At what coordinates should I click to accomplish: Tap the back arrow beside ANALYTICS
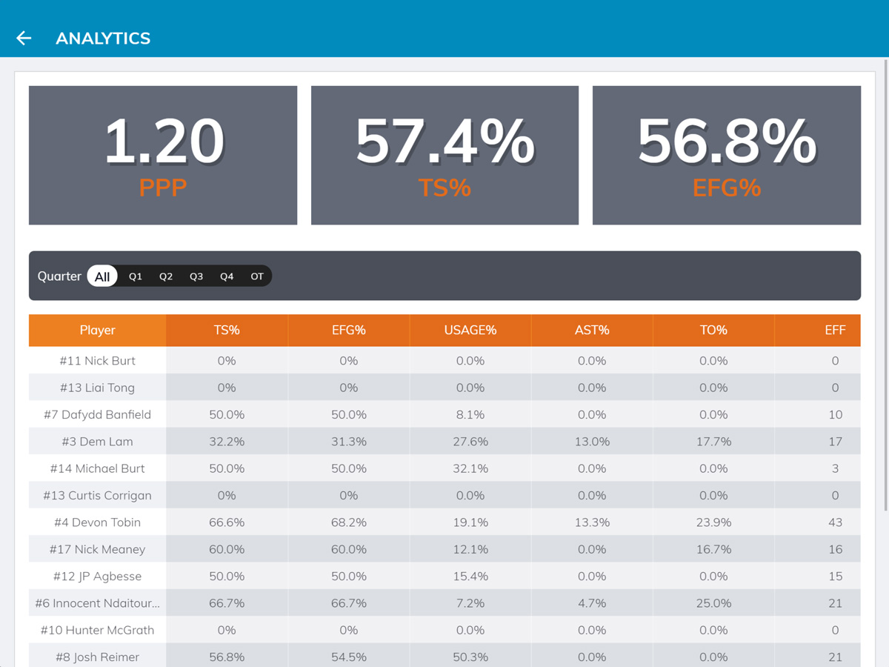click(x=24, y=39)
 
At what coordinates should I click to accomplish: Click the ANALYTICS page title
click(x=103, y=39)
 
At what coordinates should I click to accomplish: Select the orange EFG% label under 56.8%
click(x=726, y=188)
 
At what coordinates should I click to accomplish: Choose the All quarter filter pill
click(x=102, y=276)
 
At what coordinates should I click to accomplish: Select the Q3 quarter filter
click(x=196, y=276)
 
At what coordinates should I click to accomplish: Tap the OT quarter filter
click(x=256, y=276)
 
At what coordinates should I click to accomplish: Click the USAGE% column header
click(x=470, y=331)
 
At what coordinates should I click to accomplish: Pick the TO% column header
click(x=713, y=331)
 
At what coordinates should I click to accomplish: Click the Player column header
click(x=97, y=331)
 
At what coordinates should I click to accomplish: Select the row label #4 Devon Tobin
click(x=97, y=522)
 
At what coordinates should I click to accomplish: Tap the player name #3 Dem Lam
click(x=97, y=442)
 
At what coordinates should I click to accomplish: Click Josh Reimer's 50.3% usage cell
click(x=470, y=657)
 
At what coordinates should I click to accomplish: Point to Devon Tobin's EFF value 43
click(x=835, y=522)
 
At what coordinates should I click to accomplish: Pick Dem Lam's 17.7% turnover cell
click(x=713, y=442)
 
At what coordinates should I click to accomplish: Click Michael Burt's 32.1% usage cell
click(x=470, y=468)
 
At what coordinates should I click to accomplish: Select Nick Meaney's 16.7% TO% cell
click(x=713, y=549)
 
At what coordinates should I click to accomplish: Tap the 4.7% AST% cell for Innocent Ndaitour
click(x=592, y=603)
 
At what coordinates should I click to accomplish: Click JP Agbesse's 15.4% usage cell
click(x=470, y=576)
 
